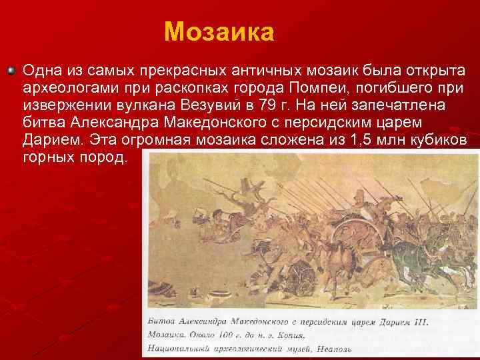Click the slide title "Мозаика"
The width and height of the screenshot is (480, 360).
tap(219, 31)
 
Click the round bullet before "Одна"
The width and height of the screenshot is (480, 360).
tap(10, 70)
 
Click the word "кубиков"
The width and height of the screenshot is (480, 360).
tap(441, 141)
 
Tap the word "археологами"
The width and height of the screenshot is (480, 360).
tap(67, 89)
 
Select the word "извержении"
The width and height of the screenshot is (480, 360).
tap(63, 107)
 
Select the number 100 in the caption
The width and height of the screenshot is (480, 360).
tap(230, 335)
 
